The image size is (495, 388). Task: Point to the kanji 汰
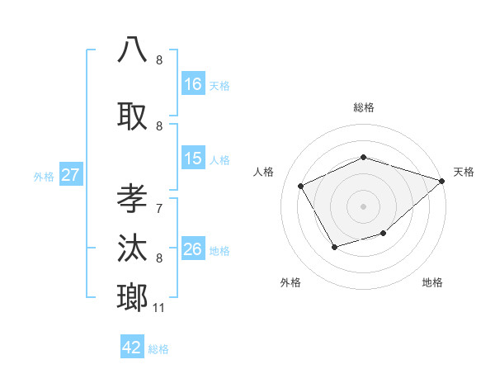click(x=133, y=249)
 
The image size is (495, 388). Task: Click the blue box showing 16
click(x=193, y=83)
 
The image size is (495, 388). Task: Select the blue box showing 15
click(x=193, y=159)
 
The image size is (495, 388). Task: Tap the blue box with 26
click(x=193, y=249)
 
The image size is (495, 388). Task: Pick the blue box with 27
click(x=71, y=175)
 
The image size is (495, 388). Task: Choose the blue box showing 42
click(x=132, y=348)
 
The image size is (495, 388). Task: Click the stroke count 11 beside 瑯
click(x=158, y=308)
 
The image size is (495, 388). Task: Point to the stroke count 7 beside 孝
click(x=159, y=199)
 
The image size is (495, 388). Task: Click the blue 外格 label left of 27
click(x=44, y=176)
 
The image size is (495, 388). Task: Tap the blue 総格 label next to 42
click(x=158, y=348)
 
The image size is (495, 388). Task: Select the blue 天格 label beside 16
click(x=219, y=84)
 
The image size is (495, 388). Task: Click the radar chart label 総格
click(x=363, y=107)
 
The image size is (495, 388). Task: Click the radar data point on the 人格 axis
click(x=301, y=186)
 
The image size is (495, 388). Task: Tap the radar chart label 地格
click(x=432, y=282)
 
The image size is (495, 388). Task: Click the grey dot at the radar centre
click(x=363, y=206)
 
